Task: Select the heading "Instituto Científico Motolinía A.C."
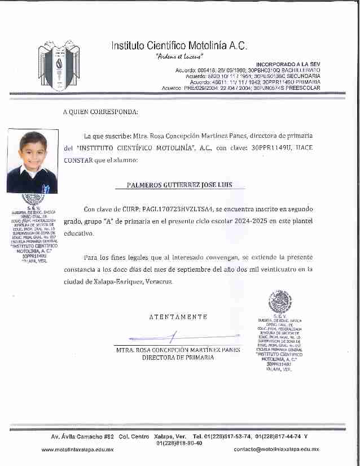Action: click(x=179, y=45)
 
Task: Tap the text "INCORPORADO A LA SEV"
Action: click(x=288, y=65)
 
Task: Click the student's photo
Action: click(x=32, y=161)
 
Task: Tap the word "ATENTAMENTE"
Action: click(x=178, y=317)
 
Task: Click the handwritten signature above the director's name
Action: click(x=169, y=338)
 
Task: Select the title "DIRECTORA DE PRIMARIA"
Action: click(x=178, y=357)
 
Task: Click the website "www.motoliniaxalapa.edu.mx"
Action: click(x=78, y=449)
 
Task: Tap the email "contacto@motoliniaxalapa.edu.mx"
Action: click(x=276, y=449)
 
